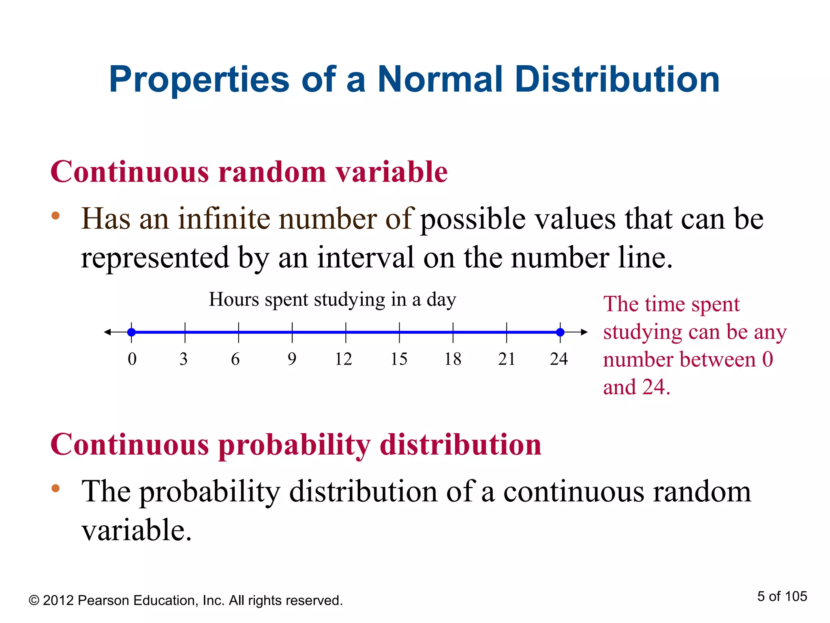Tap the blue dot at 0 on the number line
(131, 332)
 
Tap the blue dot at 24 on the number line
(560, 332)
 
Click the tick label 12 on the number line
(343, 359)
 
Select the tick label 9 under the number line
(292, 359)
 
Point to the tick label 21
(507, 359)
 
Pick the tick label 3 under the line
(184, 359)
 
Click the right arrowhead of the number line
(584, 332)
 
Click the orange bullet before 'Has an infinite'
(56, 215)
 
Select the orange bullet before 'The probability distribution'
(56, 488)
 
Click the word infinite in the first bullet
(224, 219)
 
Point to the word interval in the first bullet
(366, 258)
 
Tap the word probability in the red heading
(294, 445)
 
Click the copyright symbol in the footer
(34, 601)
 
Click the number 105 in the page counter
(796, 596)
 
